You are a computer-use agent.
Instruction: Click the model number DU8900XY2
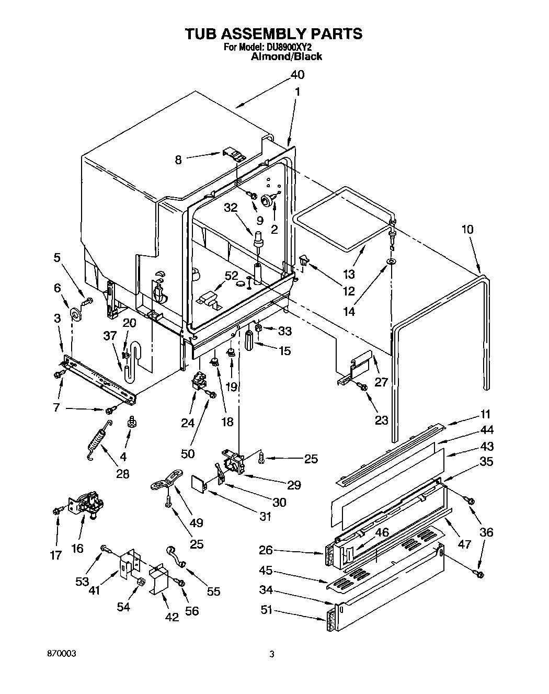click(290, 47)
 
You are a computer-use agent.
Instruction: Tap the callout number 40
click(296, 75)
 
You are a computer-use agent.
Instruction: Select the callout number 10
click(467, 229)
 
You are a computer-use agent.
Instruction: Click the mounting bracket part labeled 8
click(234, 154)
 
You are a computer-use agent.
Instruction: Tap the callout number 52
click(231, 276)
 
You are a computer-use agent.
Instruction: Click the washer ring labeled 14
click(391, 261)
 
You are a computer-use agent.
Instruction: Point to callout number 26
click(266, 550)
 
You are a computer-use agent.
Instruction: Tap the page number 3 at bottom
click(271, 654)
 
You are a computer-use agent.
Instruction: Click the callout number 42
click(171, 617)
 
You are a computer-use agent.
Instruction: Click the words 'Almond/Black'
click(287, 56)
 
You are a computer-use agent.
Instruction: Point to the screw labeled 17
click(57, 510)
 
